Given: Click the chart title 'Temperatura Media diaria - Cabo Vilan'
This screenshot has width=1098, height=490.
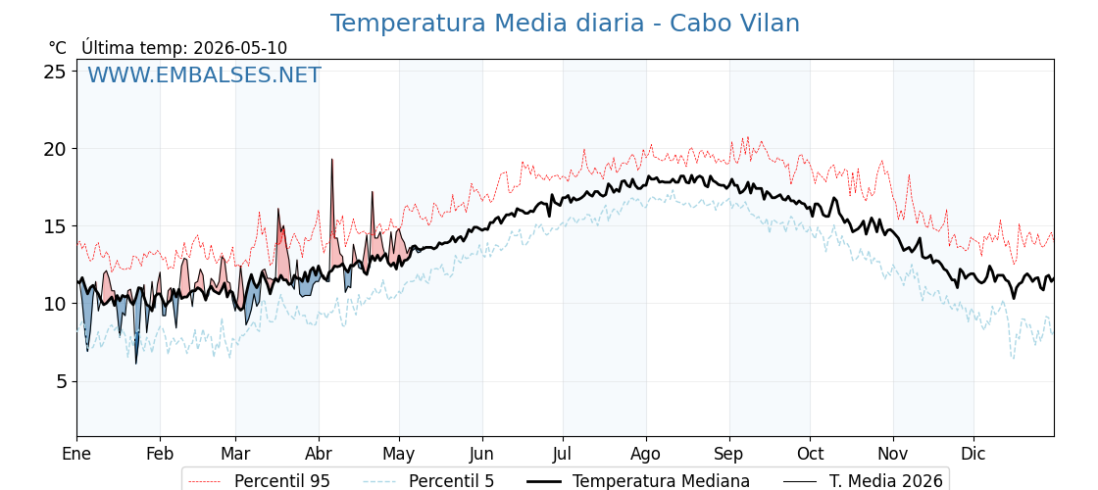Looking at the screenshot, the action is coord(565,24).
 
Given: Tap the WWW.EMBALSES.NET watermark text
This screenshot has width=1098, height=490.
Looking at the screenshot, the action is coord(205,74).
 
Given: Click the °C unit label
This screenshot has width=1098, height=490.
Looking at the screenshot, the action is coord(58,48).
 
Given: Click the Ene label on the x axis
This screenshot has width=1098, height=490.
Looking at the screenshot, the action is coord(77,454).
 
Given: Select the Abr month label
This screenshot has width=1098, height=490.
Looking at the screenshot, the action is coord(320,454).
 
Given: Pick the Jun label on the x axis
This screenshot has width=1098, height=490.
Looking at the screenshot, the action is coord(482,454).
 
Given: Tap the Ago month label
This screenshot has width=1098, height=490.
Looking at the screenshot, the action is coord(646,454).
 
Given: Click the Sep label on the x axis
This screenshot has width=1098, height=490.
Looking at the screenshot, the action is coord(729,454).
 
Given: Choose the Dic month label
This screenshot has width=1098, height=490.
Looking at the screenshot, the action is coord(973,454).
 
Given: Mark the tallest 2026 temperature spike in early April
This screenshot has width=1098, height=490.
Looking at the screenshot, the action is coord(332,160).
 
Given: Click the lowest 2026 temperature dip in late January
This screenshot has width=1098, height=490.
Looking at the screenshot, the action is coord(136,363).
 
